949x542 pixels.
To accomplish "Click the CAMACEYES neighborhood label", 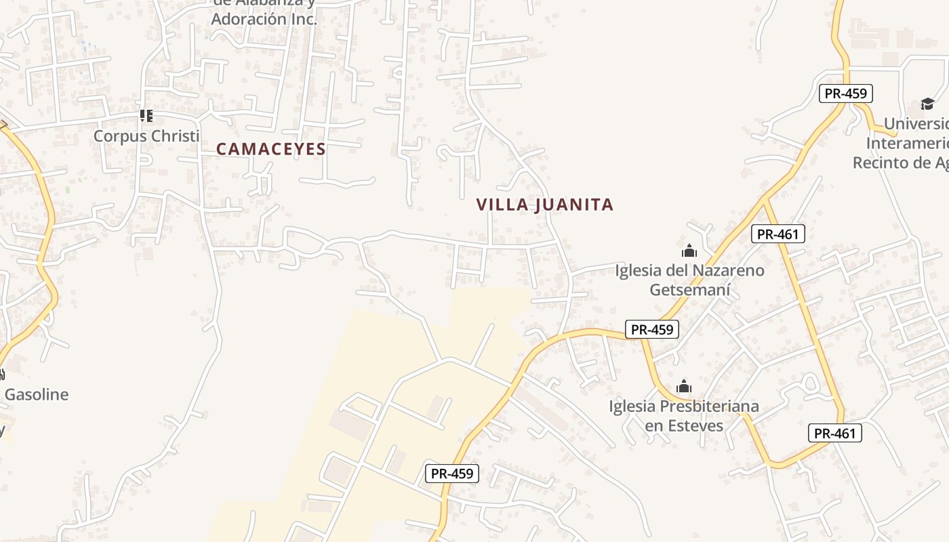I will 271,149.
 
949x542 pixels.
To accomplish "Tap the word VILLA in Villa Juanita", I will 502,205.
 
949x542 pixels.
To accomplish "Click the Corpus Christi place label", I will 146,135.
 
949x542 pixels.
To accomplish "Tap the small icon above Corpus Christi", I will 146,116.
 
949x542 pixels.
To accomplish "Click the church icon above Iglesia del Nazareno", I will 689,251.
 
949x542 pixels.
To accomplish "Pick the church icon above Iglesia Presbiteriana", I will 684,386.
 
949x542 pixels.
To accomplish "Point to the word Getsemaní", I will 690,290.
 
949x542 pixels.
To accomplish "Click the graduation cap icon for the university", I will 927,104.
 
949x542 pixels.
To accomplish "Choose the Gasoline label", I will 37,394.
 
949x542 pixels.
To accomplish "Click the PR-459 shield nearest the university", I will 845,93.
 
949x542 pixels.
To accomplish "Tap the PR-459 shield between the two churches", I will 651,329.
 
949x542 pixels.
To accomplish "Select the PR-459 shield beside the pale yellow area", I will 452,474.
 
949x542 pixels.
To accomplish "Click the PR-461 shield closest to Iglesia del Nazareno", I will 778,234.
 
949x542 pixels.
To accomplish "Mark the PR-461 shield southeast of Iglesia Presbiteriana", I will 835,433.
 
